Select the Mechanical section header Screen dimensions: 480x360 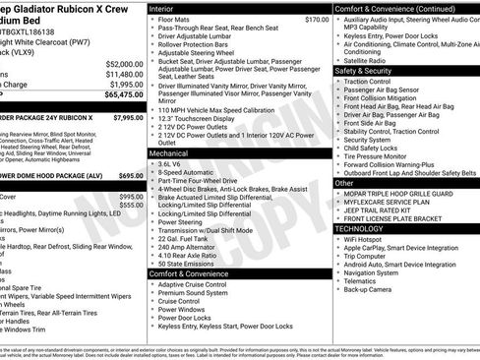(169, 153)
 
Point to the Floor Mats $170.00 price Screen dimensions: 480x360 (317, 19)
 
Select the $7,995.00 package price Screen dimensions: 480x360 (128, 117)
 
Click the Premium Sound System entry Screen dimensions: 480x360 (193, 292)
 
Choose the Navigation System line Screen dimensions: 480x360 (378, 271)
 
